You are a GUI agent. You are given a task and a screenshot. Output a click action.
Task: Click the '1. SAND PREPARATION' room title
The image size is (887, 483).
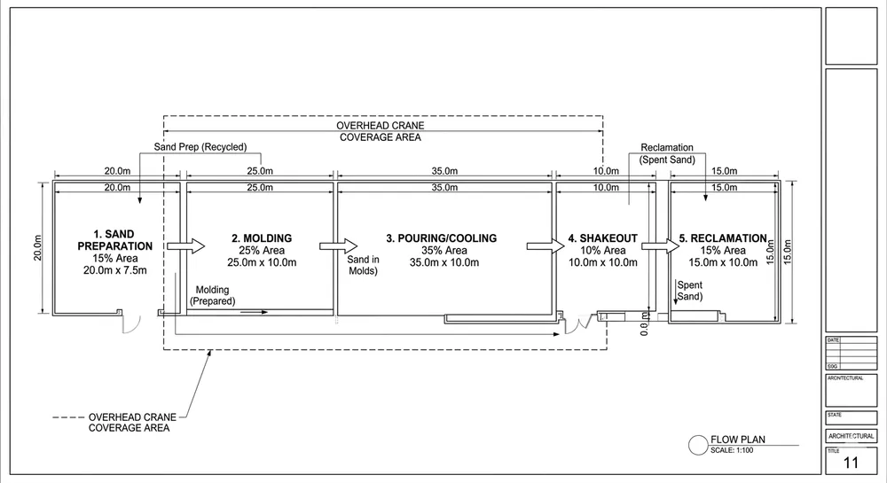point(114,239)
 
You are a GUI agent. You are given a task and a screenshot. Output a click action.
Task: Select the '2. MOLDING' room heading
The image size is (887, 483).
point(262,238)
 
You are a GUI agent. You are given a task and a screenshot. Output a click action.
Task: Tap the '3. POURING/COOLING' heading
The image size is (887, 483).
point(441,238)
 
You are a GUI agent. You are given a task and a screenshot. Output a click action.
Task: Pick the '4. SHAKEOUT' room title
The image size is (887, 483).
point(602,238)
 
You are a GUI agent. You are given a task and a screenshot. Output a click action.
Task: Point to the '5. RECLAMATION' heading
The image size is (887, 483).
point(722,238)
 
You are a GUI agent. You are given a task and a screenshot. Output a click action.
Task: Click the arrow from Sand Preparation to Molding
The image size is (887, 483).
point(186,245)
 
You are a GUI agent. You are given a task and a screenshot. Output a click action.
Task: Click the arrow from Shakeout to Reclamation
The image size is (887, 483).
point(654,245)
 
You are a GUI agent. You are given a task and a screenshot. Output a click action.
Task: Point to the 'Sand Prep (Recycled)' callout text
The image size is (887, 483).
point(200,147)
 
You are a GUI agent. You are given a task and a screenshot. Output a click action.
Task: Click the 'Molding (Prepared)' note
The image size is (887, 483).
point(212,295)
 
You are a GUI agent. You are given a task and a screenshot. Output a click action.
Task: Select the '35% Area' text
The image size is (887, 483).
point(441,251)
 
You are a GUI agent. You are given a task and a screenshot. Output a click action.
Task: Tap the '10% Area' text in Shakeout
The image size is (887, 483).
point(602,251)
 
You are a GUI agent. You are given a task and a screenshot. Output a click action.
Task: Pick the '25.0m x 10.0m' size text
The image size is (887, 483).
point(262,262)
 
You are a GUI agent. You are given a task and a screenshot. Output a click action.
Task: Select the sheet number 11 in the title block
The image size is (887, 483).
point(851,463)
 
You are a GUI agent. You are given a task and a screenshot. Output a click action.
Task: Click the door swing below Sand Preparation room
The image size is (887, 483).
point(130,323)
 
